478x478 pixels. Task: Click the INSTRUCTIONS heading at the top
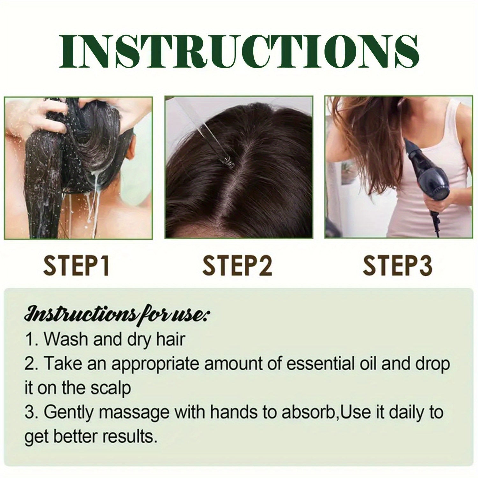[x=239, y=51]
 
